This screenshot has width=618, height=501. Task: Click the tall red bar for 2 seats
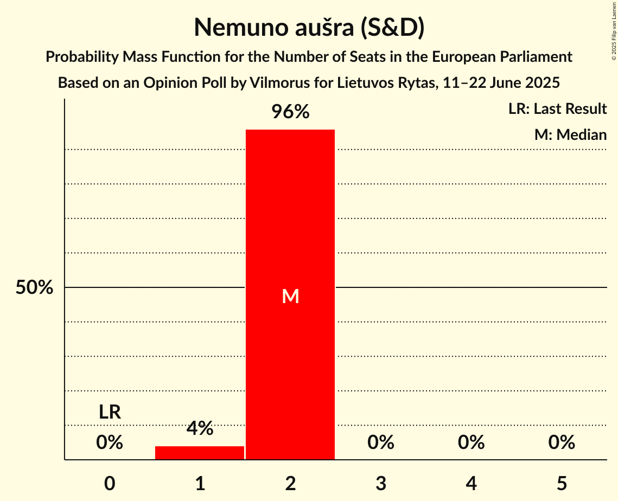coord(290,217)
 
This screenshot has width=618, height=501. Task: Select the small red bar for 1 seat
coord(200,453)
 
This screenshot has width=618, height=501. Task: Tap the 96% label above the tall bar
coord(290,112)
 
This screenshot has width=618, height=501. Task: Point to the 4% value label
coord(200,429)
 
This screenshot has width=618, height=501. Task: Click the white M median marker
coord(290,296)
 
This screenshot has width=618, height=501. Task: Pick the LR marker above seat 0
coord(110,412)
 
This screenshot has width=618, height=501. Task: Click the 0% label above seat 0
coord(110,442)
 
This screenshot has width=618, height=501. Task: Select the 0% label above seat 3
coord(381,442)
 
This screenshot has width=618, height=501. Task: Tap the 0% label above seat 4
coord(471,442)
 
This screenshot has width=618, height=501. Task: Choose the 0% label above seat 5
coord(562,442)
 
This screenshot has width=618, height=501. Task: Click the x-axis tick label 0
coord(110,483)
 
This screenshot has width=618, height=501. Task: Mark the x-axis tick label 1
coord(200,483)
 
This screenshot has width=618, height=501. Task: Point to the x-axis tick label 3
coord(381,483)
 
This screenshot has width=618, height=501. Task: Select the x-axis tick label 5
coord(562,483)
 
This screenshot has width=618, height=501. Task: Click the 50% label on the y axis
coord(34,288)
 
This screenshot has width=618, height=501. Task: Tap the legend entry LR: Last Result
coord(557,109)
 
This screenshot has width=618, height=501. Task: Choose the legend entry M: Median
coord(570,134)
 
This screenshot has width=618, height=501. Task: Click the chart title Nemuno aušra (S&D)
coord(309,27)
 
